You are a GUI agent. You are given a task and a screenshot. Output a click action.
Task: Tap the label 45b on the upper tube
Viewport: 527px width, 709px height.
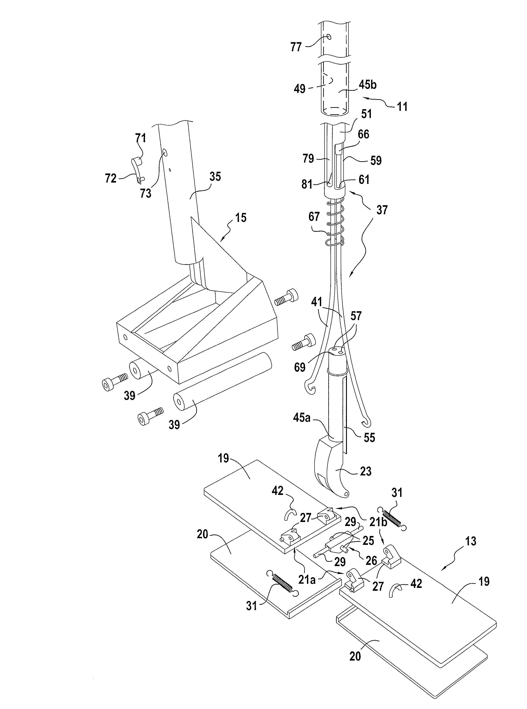(368, 85)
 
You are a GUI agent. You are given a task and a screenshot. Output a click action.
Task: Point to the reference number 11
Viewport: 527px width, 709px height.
(402, 106)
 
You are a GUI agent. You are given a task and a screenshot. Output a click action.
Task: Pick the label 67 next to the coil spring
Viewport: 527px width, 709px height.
(314, 217)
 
